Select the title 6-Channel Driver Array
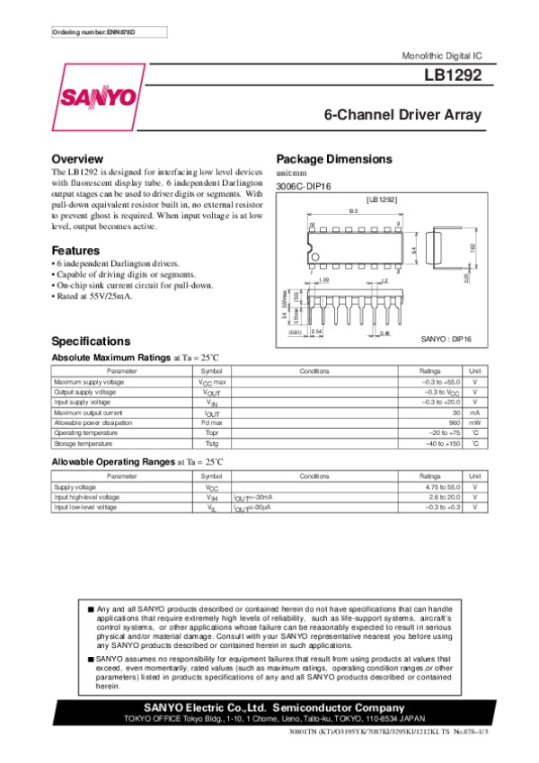coord(402,115)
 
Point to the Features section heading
coord(75,250)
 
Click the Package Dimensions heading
coord(334,158)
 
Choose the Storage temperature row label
coord(84,443)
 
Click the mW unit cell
coord(474,421)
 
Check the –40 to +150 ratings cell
coord(442,443)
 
